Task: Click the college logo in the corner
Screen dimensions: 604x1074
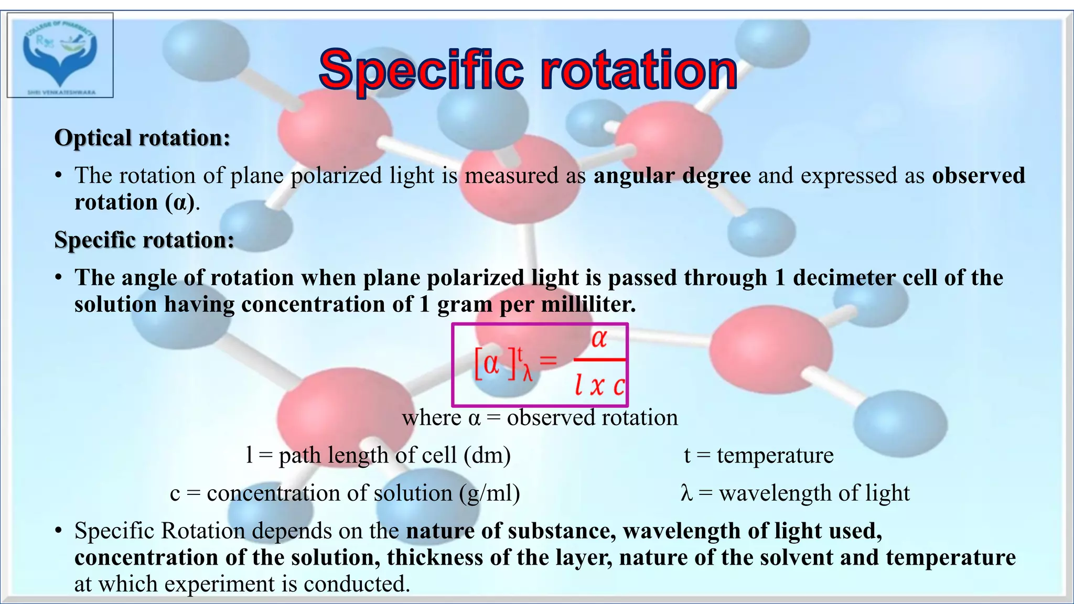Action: point(60,55)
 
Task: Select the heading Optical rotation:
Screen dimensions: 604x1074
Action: point(142,138)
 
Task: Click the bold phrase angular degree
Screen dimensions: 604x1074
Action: point(672,175)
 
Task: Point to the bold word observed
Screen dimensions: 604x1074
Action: point(978,175)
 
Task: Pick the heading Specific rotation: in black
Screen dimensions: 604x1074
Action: point(144,240)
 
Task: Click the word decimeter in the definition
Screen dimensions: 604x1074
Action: point(844,277)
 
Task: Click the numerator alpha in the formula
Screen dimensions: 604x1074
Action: point(599,339)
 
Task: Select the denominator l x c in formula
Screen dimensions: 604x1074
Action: point(599,386)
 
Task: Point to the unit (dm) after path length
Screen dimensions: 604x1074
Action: point(487,455)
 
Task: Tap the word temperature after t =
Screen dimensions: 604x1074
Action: point(775,455)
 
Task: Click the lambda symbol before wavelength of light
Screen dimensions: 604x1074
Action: point(686,493)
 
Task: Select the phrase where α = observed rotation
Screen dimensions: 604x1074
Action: point(540,418)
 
